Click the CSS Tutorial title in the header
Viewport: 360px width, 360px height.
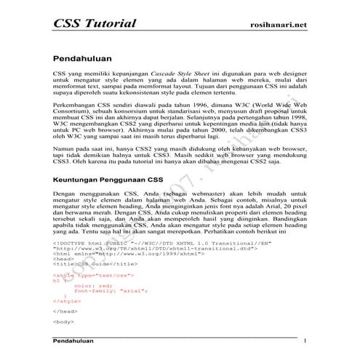(x=95, y=23)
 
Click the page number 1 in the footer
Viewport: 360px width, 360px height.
(x=305, y=340)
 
